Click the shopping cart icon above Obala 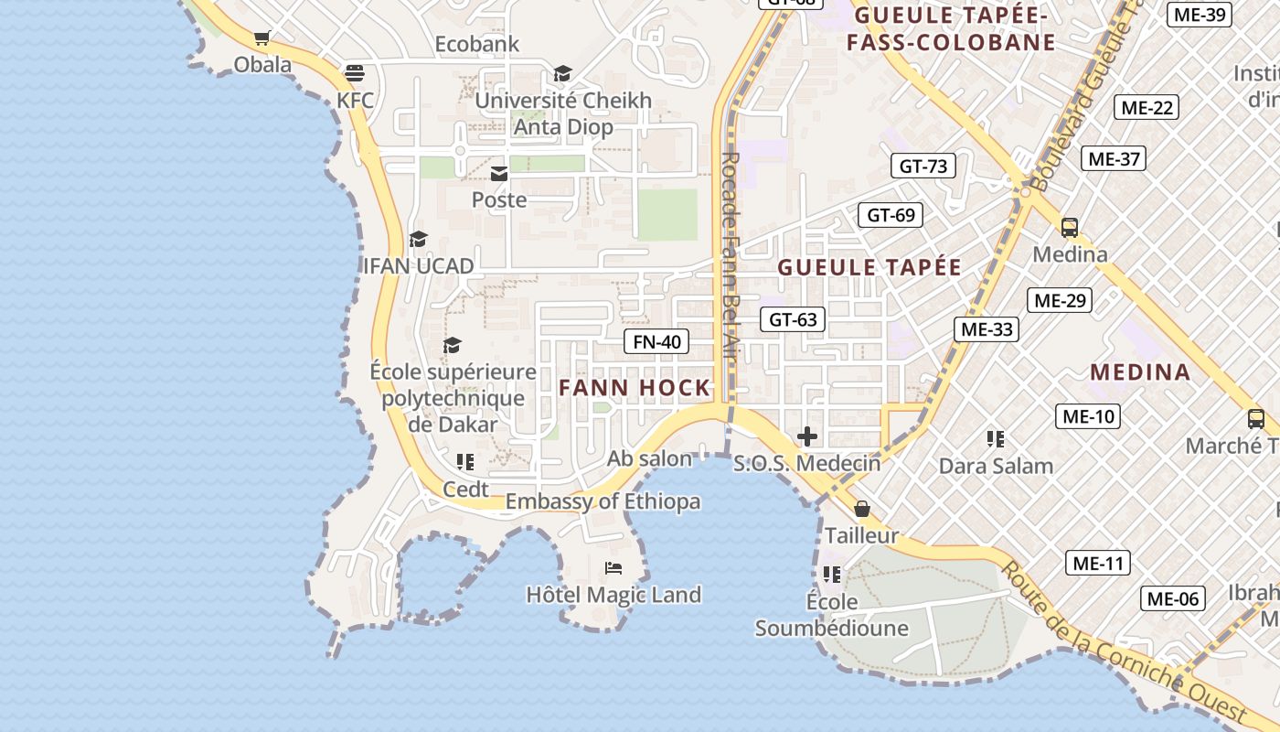pos(262,38)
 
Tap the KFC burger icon pos(354,73)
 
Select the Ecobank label pos(476,44)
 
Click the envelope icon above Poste pos(499,173)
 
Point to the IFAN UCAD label pos(419,266)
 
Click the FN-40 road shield pos(657,342)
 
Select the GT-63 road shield pos(793,319)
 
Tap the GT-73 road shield pos(923,166)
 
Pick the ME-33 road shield pos(987,329)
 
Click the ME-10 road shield pos(1087,416)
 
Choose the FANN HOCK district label pos(635,388)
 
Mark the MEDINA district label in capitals pos(1140,372)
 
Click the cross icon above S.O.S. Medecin pos(807,436)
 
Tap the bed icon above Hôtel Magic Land pos(613,568)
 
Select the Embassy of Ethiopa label pos(603,501)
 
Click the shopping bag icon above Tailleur pos(861,509)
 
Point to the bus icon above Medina pos(1070,228)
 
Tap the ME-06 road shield pos(1172,599)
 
